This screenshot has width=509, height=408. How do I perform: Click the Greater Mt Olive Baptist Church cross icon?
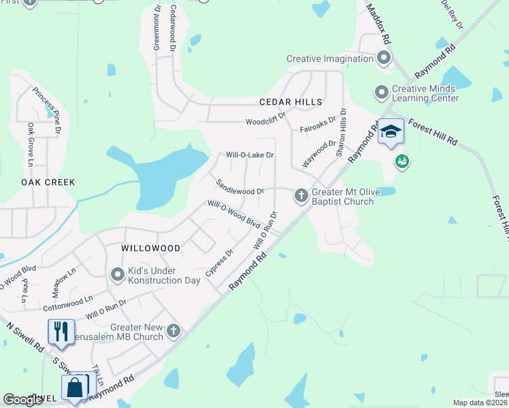pyautogui.click(x=301, y=196)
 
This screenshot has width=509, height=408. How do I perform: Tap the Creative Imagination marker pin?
pyautogui.click(x=384, y=58)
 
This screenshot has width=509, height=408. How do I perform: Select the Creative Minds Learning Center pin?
pyautogui.click(x=381, y=90)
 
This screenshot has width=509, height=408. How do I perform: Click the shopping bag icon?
pyautogui.click(x=74, y=387)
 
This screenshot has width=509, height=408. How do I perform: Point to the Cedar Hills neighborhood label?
pyautogui.click(x=290, y=102)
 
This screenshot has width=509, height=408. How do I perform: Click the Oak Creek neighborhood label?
pyautogui.click(x=48, y=182)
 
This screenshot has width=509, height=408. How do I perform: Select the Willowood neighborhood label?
pyautogui.click(x=150, y=249)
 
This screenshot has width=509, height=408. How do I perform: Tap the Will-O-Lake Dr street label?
pyautogui.click(x=250, y=155)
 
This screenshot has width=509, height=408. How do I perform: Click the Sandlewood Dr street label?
pyautogui.click(x=240, y=187)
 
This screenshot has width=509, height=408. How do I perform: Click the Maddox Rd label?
pyautogui.click(x=378, y=26)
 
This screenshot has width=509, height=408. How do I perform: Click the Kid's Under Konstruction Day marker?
pyautogui.click(x=118, y=275)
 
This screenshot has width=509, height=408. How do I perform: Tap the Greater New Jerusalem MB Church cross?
pyautogui.click(x=174, y=331)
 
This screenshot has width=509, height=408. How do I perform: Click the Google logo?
pyautogui.click(x=23, y=400)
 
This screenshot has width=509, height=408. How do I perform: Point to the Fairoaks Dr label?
pyautogui.click(x=318, y=124)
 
